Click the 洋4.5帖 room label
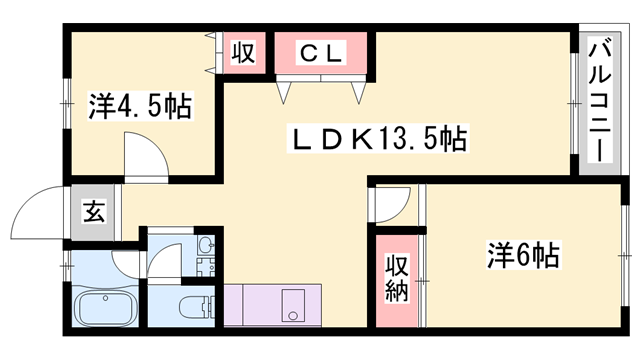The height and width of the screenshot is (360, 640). pos(140,104)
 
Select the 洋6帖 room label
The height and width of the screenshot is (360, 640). pos(522,255)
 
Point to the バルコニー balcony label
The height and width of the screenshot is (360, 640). pos(600,100)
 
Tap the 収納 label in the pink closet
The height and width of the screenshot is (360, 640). pos(397,281)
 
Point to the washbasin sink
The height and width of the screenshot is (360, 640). pos(206,246)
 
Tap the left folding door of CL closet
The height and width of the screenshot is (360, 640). pos(286,92)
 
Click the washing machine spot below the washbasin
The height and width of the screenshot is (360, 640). pos(207,268)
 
